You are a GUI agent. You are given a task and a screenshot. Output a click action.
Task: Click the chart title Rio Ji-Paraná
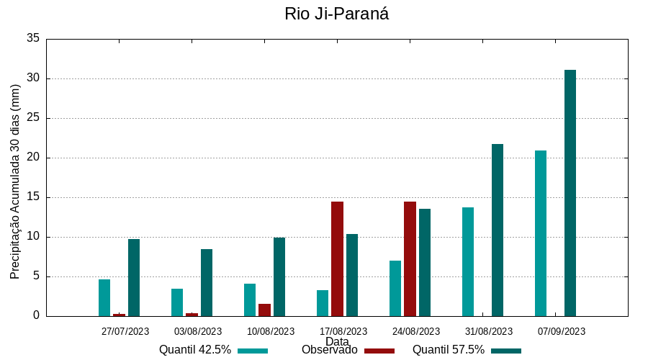336,14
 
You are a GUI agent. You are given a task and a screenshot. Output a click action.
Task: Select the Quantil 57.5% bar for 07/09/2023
570,193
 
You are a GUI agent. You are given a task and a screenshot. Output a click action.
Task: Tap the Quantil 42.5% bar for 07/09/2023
541,233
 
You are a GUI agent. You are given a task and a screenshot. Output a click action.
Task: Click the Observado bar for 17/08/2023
337,258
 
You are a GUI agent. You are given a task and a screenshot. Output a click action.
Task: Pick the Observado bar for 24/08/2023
410,258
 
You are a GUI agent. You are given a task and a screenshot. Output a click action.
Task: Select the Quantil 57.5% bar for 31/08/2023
498,230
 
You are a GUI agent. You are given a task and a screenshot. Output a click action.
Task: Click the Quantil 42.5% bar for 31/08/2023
468,261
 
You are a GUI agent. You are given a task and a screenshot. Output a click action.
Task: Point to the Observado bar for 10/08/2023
264,310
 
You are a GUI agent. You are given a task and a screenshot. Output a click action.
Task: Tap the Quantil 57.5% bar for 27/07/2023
134,277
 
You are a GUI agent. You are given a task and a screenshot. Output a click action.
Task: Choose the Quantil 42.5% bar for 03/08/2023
177,302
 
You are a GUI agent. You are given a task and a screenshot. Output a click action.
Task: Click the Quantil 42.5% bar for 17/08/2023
323,303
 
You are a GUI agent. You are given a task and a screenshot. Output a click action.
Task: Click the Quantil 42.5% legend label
195,350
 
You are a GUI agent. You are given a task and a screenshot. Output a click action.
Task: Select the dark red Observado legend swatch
379,351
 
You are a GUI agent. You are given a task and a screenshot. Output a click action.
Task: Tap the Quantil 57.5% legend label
449,350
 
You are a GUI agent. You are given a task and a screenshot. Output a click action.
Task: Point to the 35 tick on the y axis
32,39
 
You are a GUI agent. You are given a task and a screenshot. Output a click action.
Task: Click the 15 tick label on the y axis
32,197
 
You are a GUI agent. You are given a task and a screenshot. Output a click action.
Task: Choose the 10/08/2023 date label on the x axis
271,331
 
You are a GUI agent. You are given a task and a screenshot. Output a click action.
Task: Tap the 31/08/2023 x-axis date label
489,331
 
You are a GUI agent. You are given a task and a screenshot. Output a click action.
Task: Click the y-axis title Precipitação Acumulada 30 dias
15,181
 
